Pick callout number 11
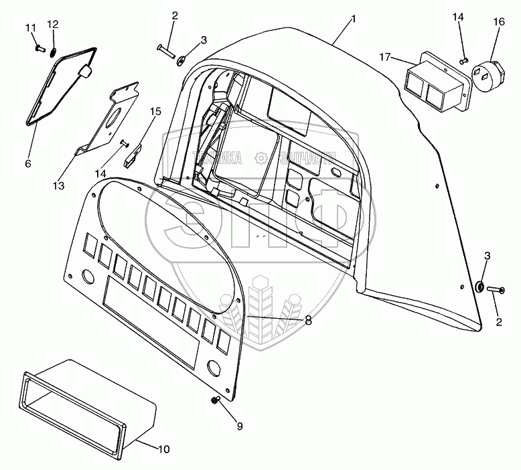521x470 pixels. [x=29, y=27]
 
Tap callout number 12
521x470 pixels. [x=53, y=25]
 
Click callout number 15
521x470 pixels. [x=155, y=112]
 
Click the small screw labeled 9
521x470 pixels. [x=216, y=400]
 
